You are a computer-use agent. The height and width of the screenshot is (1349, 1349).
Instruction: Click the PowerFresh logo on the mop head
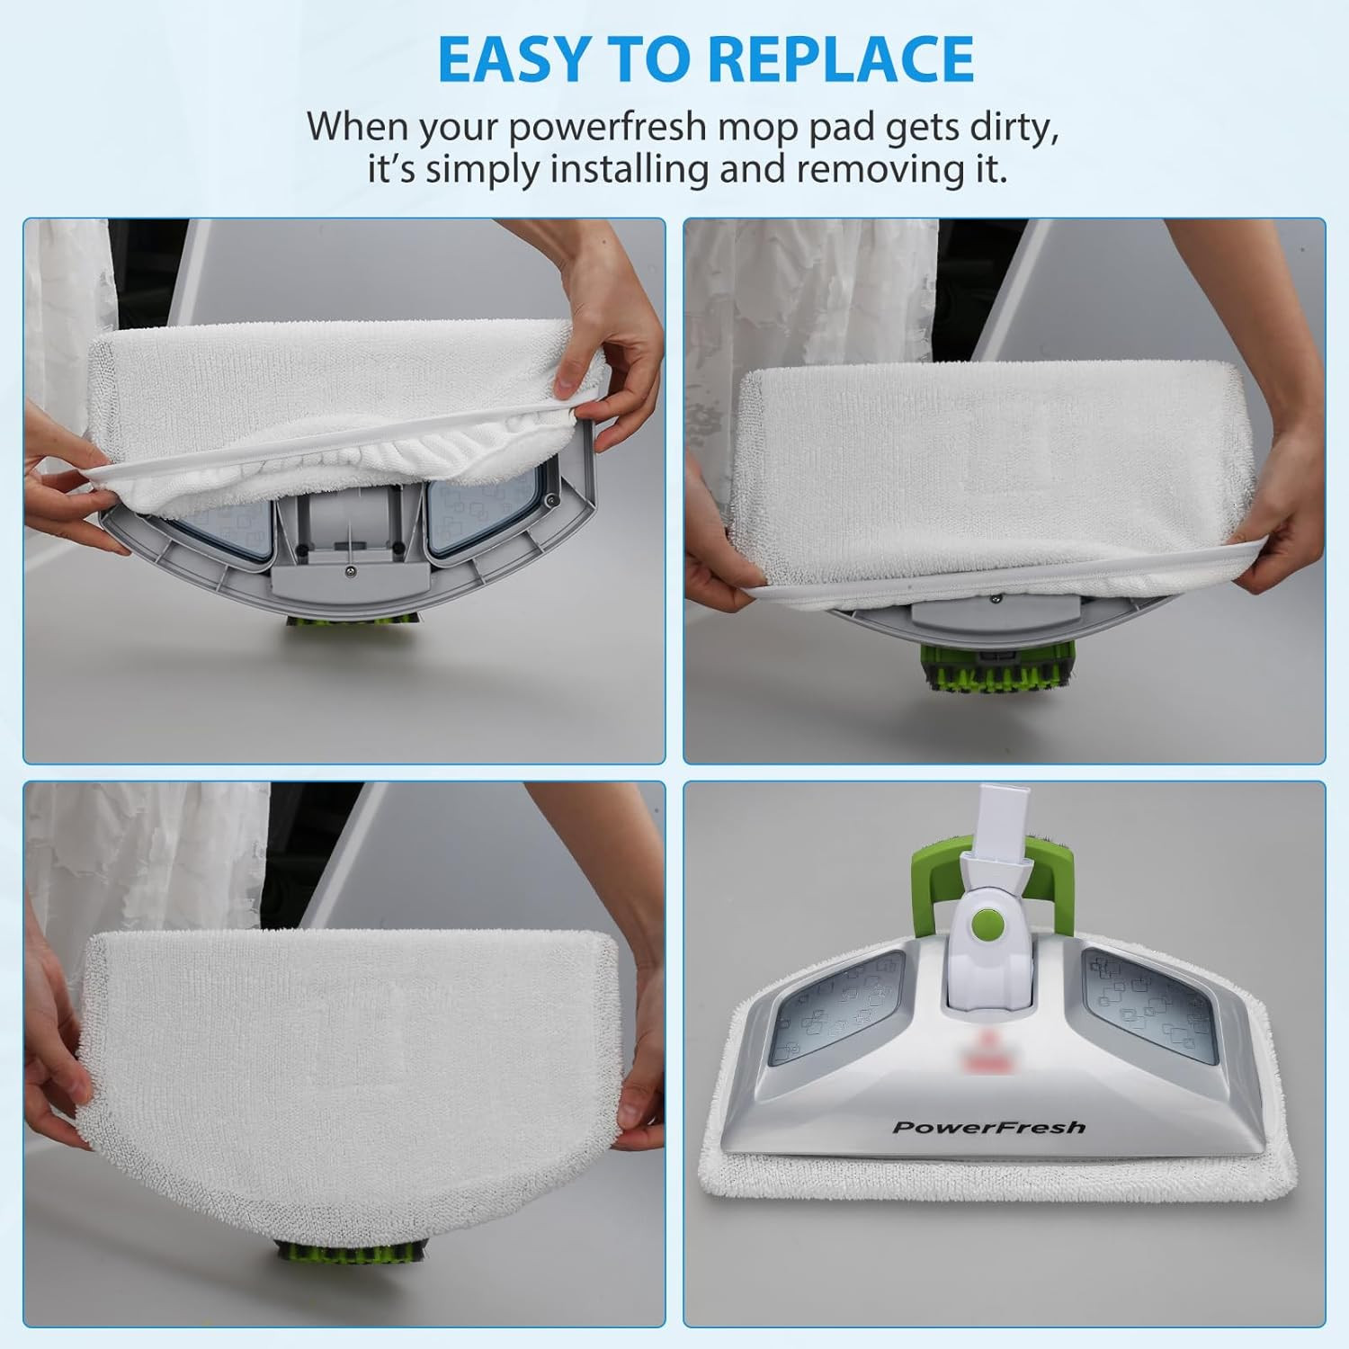(x=988, y=1127)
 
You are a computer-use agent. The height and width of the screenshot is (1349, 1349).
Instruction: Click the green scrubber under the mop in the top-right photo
(x=988, y=670)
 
